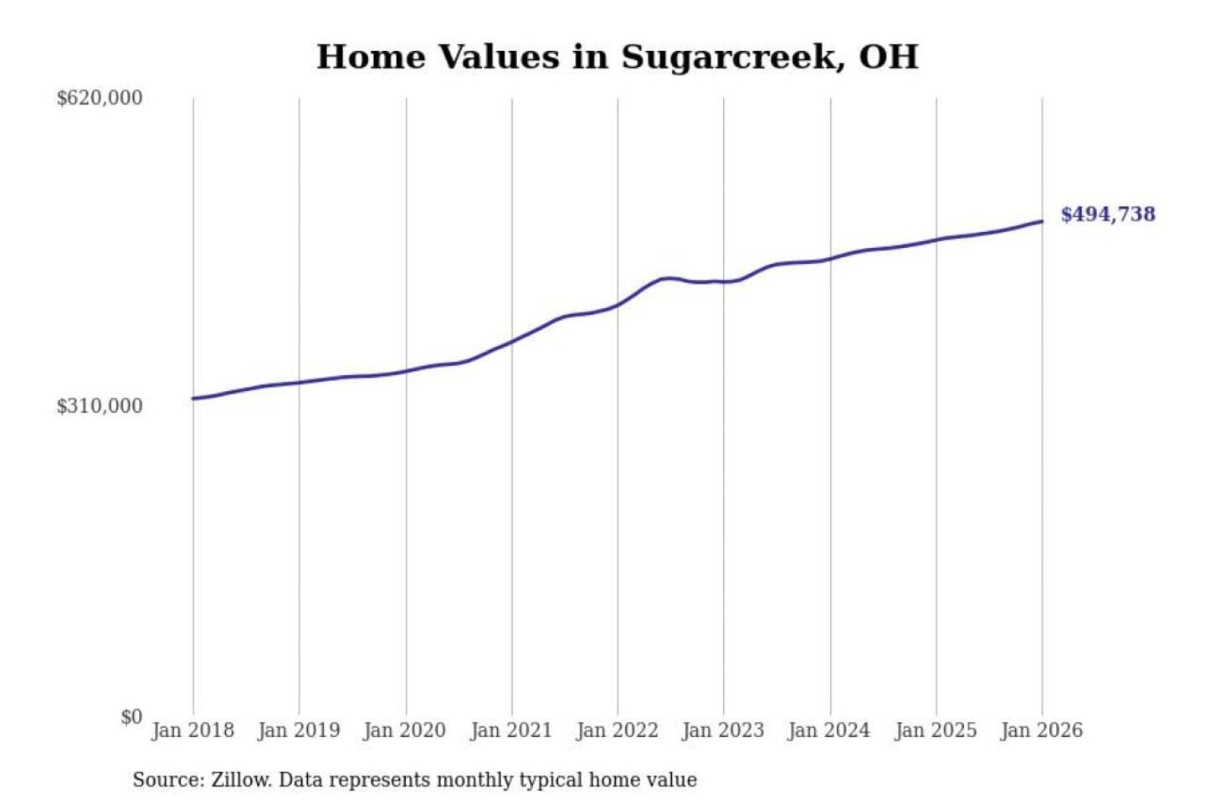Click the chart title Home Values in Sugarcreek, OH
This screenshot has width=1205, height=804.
click(618, 57)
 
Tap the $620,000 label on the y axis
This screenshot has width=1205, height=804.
click(100, 98)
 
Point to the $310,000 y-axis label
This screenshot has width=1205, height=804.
click(100, 406)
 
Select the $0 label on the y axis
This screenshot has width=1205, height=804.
click(131, 717)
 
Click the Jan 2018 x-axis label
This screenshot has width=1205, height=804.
click(192, 730)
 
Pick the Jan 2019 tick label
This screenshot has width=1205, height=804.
click(299, 730)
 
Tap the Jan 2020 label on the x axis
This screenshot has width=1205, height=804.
click(405, 730)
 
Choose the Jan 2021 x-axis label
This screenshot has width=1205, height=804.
click(511, 730)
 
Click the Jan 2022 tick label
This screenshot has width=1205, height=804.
click(618, 730)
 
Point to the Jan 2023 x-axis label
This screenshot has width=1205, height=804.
click(723, 730)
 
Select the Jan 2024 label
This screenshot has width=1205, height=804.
click(829, 730)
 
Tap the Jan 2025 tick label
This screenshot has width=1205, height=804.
click(936, 730)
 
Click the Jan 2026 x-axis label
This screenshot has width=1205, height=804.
click(1042, 730)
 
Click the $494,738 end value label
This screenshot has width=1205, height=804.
click(1108, 214)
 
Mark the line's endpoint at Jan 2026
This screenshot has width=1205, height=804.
click(1042, 221)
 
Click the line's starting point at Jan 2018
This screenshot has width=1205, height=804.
click(193, 399)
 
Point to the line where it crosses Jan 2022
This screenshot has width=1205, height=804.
click(618, 305)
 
